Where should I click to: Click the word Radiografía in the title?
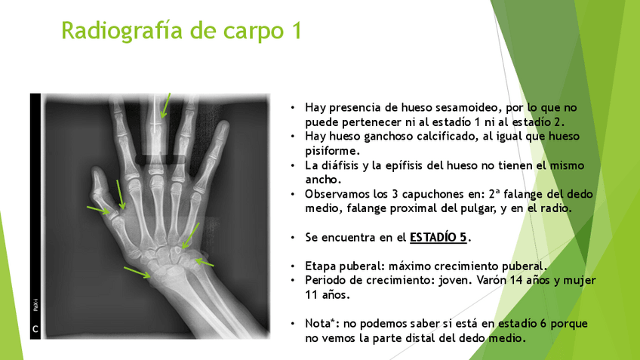pos(122,31)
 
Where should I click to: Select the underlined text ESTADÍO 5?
pos(438,237)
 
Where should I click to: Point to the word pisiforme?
pos(332,151)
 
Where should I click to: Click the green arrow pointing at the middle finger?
pos(165,106)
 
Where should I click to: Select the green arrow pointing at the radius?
pos(137,272)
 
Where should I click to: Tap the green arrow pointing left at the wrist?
pos(204,262)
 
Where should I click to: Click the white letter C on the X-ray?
pos(35,329)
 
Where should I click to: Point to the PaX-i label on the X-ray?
pos(35,305)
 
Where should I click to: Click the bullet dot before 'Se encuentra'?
pos(293,238)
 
